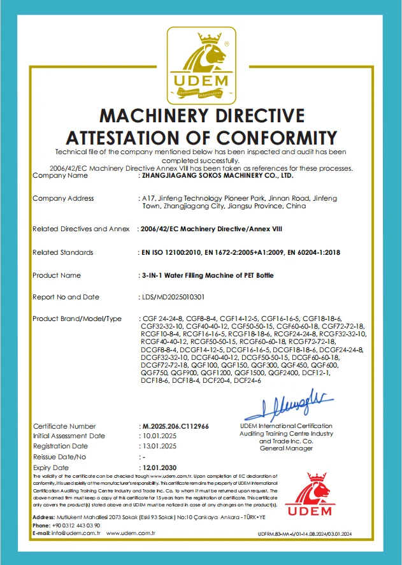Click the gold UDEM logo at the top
coord(201,66)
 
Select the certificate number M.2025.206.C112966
coord(173,426)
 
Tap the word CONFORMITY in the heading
coord(272,137)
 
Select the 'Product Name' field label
coord(57,275)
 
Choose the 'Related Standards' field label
coord(62,253)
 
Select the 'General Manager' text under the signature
coord(286,448)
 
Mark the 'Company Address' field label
coord(63,199)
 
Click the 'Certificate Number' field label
coord(64,426)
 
